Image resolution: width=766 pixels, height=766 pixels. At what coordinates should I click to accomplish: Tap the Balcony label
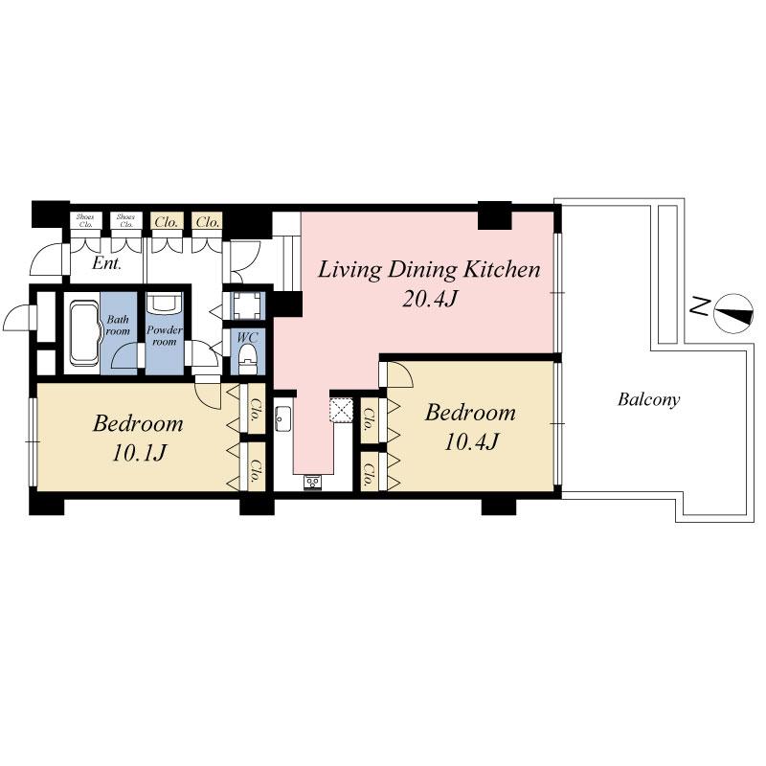coord(648,400)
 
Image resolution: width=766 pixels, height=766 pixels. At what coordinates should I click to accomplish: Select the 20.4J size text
coord(430,300)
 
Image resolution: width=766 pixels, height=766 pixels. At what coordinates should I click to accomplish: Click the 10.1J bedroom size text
coord(139,452)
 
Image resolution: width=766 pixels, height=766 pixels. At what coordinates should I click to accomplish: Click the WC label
coord(247,337)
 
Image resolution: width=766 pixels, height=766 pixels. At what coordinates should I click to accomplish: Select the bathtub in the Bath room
coord(83,333)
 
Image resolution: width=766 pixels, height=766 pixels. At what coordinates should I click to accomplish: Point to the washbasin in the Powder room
coord(164,304)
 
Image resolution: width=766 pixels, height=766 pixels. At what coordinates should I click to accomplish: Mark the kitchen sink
coord(283,418)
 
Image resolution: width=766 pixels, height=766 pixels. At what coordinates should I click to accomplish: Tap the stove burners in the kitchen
coord(313,482)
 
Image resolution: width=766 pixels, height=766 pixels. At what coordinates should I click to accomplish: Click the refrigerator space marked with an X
coord(342,410)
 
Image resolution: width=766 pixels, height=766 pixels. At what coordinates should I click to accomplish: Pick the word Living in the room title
coord(349,269)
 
